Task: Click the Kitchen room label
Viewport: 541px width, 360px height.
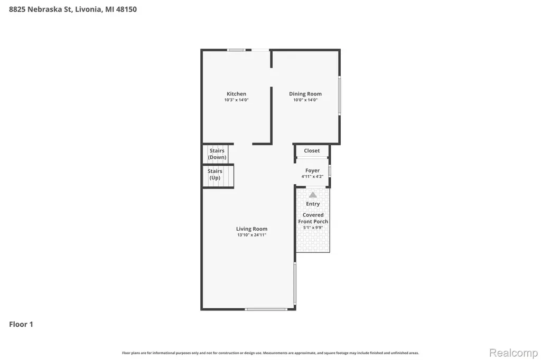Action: coord(236,94)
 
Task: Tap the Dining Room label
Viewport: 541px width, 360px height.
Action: coord(305,94)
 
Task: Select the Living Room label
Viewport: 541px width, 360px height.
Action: coord(251,229)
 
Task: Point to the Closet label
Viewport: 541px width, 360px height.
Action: coord(312,150)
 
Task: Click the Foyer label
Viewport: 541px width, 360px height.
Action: coord(312,170)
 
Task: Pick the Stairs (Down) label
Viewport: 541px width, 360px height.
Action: coord(217,154)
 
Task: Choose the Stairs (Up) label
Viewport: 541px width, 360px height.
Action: coord(214,175)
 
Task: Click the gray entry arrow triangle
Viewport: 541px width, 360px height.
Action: coord(313,195)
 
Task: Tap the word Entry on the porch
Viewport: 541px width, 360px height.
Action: coord(313,204)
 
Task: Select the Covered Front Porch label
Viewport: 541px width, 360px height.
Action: coord(313,219)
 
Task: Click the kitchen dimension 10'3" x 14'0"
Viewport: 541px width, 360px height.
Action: coord(236,100)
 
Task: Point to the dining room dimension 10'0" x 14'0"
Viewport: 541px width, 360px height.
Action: coord(305,100)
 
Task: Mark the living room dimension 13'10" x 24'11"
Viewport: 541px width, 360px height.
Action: coord(251,235)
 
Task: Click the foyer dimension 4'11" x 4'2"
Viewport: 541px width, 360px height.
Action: coord(312,176)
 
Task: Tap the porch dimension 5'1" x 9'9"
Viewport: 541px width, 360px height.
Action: coord(313,228)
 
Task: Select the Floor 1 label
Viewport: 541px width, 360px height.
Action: coord(21,324)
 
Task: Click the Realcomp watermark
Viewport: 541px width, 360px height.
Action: coord(514,353)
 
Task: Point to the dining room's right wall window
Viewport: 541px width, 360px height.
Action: coord(340,96)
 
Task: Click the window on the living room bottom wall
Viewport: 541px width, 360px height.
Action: coord(266,309)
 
